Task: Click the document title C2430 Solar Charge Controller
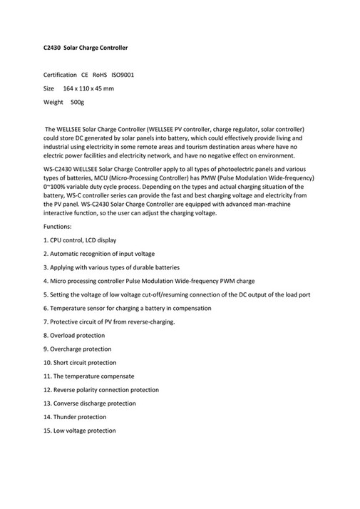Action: click(x=86, y=48)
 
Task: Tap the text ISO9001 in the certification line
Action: click(x=123, y=75)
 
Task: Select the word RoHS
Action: click(x=100, y=75)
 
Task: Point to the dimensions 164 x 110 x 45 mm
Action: click(x=88, y=88)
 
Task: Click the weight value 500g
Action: click(x=78, y=103)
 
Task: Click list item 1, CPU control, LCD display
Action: click(x=80, y=240)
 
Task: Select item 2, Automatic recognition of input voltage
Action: click(x=98, y=253)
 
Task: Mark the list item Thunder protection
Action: click(x=75, y=417)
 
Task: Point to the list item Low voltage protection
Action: click(x=79, y=431)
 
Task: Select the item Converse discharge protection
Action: click(x=89, y=403)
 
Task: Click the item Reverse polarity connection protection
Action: click(x=101, y=390)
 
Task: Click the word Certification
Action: click(x=60, y=75)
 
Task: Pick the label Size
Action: click(x=48, y=88)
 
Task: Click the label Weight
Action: click(x=53, y=103)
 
